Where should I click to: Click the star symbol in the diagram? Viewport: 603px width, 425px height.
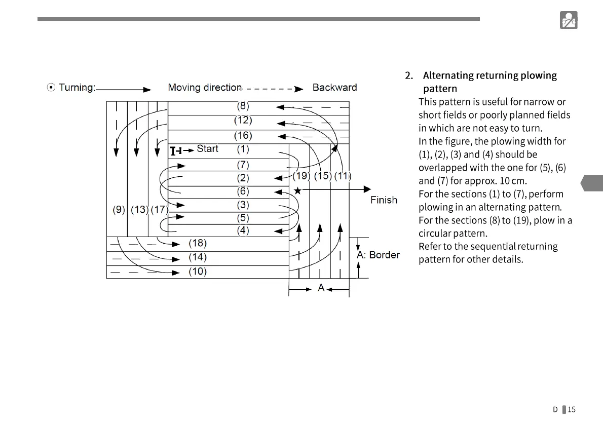297,190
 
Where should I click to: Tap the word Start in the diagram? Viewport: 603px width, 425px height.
207,148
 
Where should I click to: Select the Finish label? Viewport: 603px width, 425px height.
384,200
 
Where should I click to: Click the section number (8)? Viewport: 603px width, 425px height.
243,106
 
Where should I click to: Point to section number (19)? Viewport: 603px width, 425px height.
301,176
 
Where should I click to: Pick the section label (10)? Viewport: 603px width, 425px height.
198,272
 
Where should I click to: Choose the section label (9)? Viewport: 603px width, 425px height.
119,209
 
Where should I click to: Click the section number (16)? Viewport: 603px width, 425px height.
243,135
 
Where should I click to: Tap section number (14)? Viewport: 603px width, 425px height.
198,257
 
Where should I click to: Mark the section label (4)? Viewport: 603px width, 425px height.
243,230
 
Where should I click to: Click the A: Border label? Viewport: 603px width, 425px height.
378,255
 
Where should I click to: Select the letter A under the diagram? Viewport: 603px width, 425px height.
321,288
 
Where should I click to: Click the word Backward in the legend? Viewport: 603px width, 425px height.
334,88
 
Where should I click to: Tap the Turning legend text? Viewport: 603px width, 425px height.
77,88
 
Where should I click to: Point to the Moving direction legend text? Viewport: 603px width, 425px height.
205,88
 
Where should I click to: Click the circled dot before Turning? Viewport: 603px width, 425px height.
51,88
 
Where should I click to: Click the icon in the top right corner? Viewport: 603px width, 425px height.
569,20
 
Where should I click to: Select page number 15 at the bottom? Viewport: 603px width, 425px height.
572,409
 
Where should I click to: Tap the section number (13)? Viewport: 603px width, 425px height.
139,209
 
